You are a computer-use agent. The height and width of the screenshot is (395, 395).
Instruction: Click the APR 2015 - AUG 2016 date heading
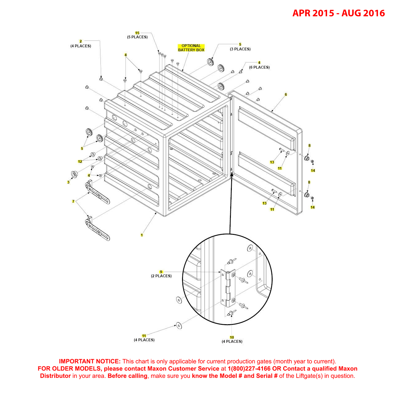[338, 13]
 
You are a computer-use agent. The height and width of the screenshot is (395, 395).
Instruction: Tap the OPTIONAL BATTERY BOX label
[191, 48]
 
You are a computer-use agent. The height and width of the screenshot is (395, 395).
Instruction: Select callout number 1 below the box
[142, 235]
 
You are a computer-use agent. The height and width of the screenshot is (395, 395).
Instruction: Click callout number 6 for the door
[286, 95]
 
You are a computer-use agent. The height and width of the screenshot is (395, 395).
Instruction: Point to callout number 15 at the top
[137, 33]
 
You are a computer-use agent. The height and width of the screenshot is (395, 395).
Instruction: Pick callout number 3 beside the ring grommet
[68, 182]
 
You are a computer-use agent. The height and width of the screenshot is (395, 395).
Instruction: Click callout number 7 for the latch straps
[73, 202]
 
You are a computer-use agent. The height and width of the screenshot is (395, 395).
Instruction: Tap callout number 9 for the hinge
[161, 272]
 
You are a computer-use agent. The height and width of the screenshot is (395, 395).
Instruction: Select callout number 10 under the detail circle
[232, 337]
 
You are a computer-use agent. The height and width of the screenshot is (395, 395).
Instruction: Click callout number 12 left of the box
[80, 162]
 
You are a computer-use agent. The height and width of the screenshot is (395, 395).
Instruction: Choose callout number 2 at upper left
[81, 41]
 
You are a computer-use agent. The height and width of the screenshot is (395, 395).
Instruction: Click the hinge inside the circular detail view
[228, 288]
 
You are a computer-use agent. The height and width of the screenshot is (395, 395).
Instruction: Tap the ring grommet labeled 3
[74, 174]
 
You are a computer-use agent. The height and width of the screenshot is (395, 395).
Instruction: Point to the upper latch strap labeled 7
[97, 194]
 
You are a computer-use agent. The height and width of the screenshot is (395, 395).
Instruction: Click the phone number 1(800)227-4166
[249, 369]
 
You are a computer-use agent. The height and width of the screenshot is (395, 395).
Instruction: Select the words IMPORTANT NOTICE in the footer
[90, 361]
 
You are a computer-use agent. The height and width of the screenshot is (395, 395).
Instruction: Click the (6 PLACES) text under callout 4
[259, 67]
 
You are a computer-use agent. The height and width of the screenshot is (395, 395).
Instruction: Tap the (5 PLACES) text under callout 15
[137, 37]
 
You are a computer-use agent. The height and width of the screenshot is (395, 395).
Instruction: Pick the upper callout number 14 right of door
[313, 171]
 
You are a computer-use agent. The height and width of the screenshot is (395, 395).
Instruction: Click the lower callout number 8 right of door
[309, 182]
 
